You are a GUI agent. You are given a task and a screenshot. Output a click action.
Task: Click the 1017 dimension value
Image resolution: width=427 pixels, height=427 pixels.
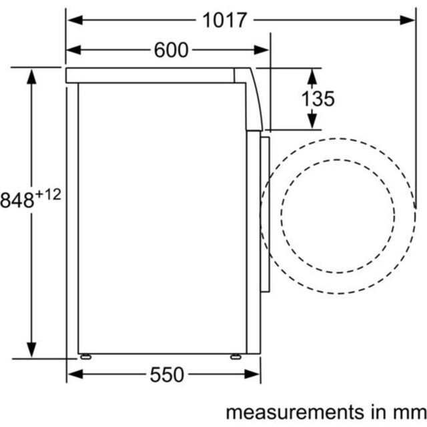coord(225,20)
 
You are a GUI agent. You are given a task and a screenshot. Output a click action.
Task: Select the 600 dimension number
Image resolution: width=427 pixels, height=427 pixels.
coord(171,50)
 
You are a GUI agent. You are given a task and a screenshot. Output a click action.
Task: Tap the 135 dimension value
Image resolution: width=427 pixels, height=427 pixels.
coord(318,99)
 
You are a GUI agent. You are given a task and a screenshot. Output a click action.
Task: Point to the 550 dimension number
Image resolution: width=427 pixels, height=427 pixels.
coord(167,375)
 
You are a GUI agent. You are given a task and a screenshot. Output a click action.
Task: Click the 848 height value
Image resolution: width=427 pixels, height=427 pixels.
coord(17,200)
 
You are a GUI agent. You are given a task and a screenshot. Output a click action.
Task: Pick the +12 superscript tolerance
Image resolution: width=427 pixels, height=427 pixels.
coord(49,194)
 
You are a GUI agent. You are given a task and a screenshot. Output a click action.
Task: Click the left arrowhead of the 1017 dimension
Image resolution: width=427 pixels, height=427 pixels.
coord(75,20)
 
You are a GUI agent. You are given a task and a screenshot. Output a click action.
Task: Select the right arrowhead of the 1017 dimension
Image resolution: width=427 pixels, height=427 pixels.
coord(408,20)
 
